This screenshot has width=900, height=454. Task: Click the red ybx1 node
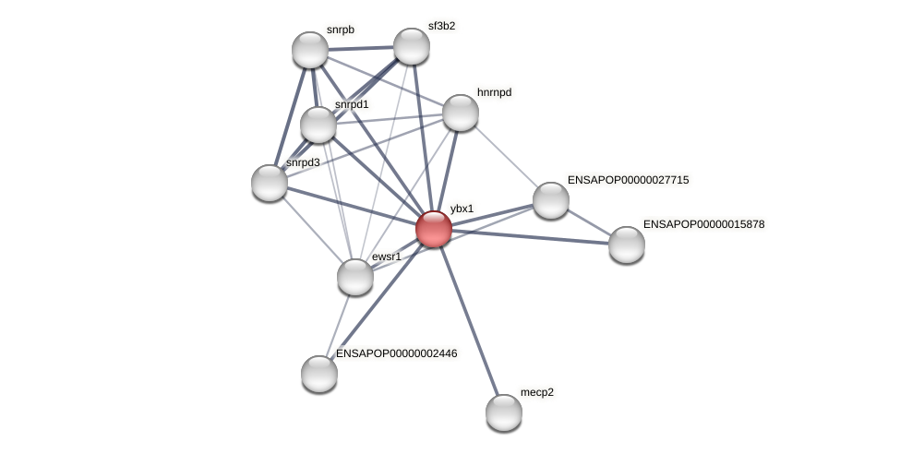434,229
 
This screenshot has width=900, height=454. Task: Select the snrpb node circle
310,50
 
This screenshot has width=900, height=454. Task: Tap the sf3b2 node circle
412,46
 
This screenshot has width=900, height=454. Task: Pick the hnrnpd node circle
461,113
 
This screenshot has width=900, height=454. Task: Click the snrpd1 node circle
318,125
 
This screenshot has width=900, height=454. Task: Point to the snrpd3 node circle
270,183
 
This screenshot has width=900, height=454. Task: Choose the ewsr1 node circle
355,277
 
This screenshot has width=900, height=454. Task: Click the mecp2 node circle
504,412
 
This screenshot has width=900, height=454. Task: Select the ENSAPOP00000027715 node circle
551,200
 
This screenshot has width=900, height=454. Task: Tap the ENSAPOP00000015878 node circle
627,245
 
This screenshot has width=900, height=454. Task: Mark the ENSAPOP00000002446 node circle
319,374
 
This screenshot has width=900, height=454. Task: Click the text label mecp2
537,392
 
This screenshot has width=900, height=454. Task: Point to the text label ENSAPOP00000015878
703,224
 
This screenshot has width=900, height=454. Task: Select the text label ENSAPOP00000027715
628,180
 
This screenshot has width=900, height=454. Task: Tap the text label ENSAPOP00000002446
396,353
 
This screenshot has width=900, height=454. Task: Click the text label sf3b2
441,26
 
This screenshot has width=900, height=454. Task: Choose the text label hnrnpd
494,92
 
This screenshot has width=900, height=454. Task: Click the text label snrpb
340,30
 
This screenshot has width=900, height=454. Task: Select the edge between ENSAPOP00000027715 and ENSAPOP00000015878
589,222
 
